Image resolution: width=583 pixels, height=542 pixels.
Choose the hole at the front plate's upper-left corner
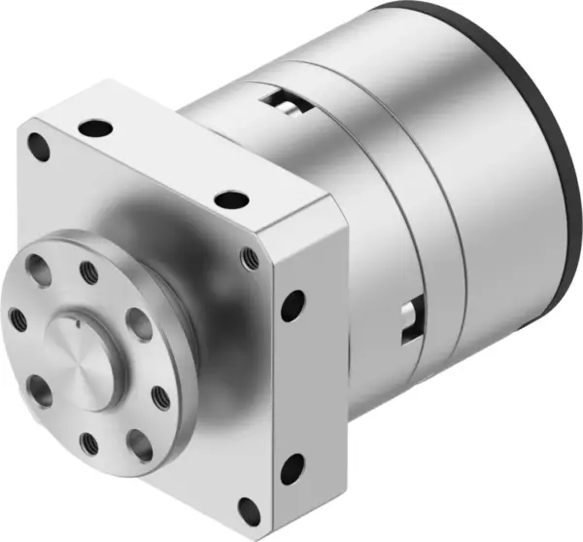(x=41, y=148)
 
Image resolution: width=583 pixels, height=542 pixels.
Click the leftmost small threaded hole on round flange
(x=17, y=316)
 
